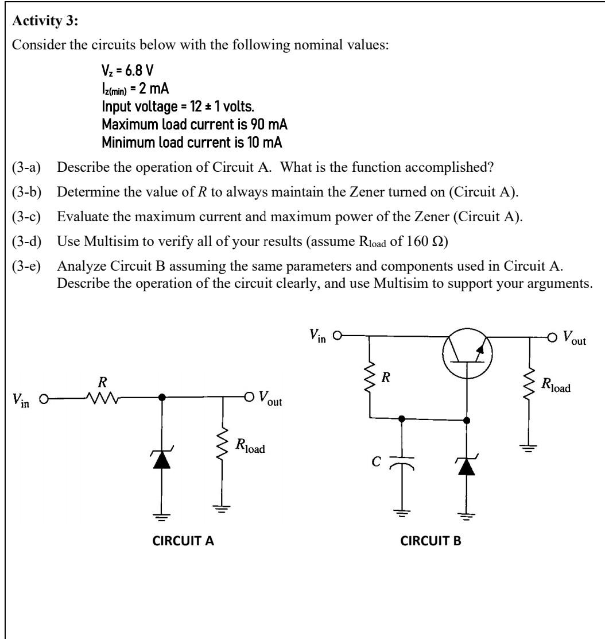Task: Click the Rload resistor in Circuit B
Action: click(x=529, y=391)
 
